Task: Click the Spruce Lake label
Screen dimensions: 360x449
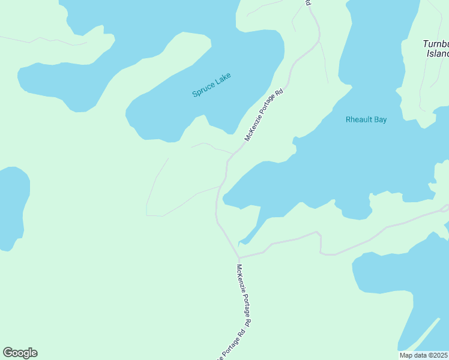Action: click(211, 85)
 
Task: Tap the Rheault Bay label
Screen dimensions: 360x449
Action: click(366, 119)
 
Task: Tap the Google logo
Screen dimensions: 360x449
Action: click(20, 353)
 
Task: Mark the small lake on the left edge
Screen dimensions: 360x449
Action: click(12, 207)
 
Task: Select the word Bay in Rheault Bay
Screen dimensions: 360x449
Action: click(379, 119)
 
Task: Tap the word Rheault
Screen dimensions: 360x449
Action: click(358, 119)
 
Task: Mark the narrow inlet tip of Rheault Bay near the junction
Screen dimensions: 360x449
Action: click(241, 244)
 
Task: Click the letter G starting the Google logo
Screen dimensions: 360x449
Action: click(8, 353)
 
